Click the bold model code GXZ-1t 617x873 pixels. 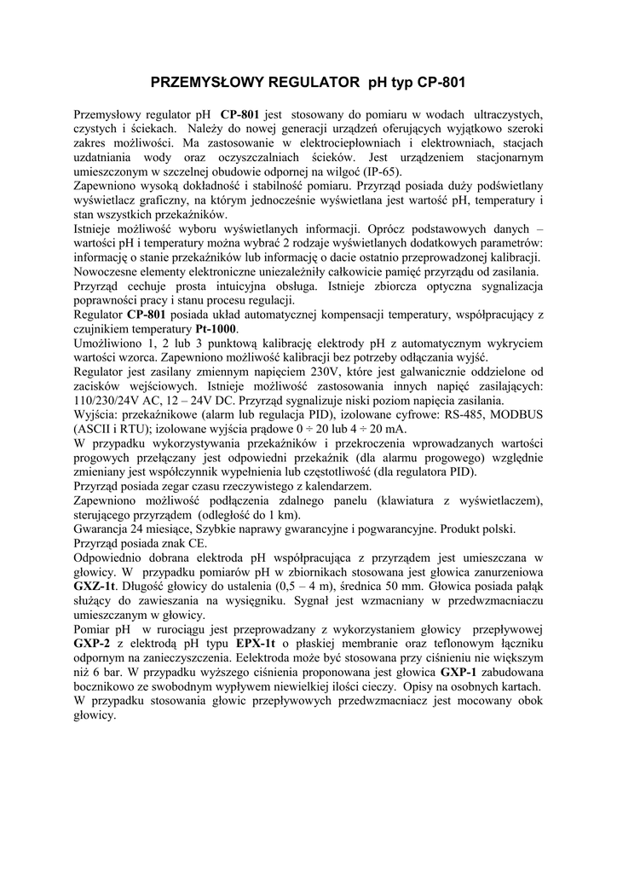[x=97, y=587]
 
